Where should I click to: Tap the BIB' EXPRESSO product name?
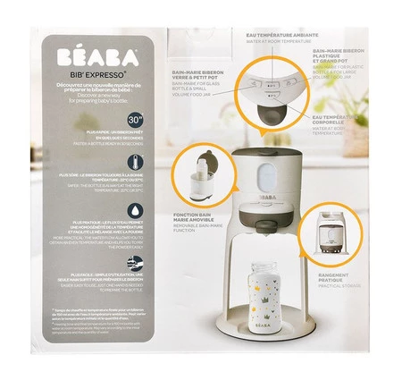click(x=97, y=74)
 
